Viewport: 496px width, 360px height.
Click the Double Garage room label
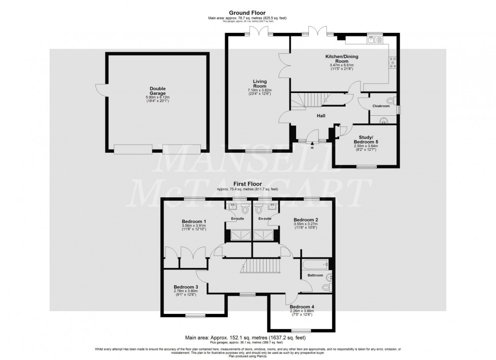pos(154,88)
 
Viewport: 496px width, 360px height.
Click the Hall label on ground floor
pos(320,116)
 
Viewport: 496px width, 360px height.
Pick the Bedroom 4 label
pos(302,306)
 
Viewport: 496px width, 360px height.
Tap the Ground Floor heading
pos(247,13)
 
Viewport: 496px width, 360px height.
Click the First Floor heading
pos(247,185)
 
